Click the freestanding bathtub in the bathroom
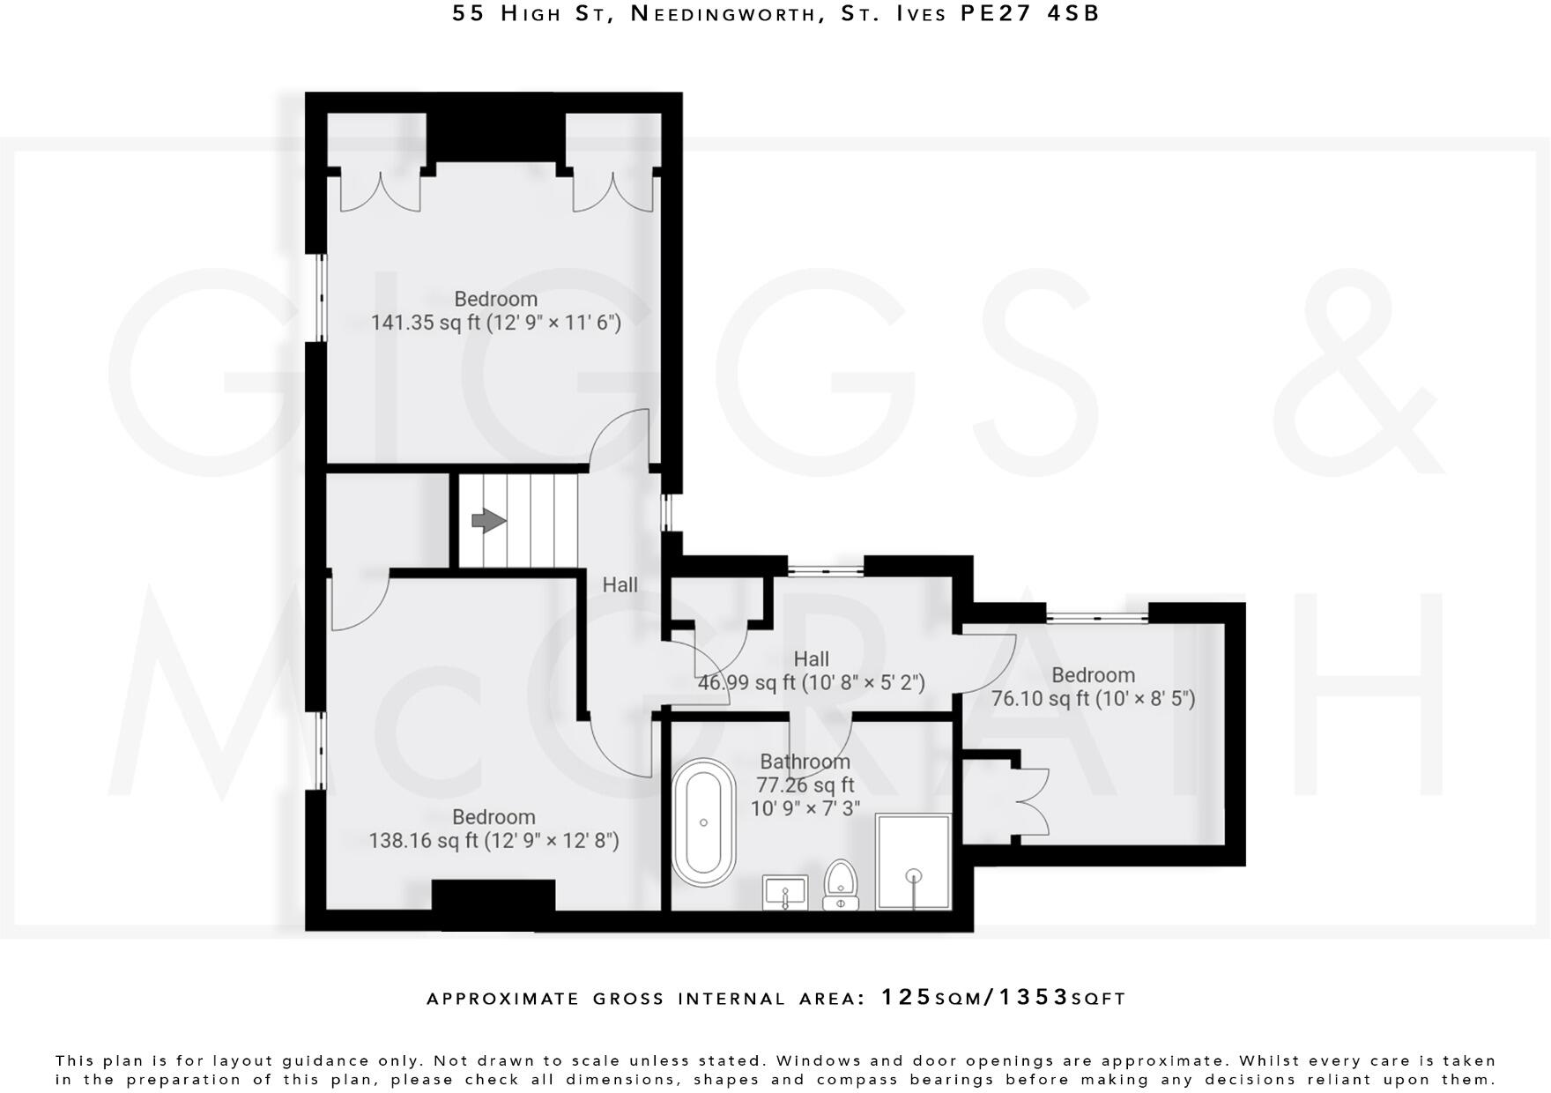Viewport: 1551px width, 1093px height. coord(703,822)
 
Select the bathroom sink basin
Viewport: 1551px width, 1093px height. coord(784,892)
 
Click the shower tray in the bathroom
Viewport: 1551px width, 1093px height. coord(914,861)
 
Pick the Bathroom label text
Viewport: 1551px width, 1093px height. coord(805,762)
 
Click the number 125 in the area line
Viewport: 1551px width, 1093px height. coord(906,998)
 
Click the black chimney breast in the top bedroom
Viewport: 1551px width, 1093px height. coord(494,137)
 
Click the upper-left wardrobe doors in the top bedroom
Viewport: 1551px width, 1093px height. coord(379,192)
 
